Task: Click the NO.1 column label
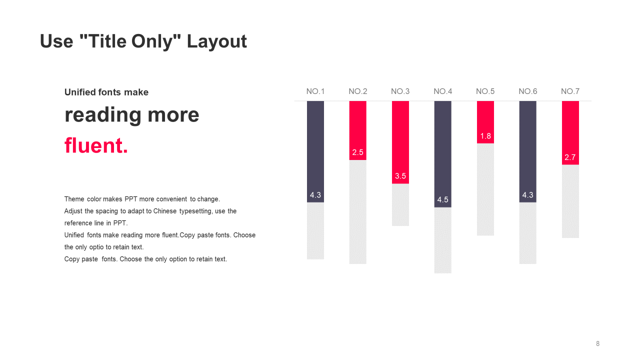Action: (x=315, y=91)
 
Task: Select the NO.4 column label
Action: (x=443, y=91)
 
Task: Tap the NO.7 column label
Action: (x=570, y=91)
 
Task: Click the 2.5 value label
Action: (x=357, y=152)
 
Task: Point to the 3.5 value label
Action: (x=400, y=176)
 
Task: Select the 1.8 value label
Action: (x=485, y=136)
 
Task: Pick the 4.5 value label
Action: (x=443, y=199)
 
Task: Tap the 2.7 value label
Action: (x=570, y=157)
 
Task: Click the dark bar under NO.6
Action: (x=527, y=151)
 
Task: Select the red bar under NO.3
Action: (x=400, y=142)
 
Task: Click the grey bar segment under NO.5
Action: (x=485, y=189)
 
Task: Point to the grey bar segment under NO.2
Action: (x=357, y=212)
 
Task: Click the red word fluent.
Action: (x=96, y=145)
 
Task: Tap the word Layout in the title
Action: (x=216, y=41)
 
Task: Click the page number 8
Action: (x=597, y=343)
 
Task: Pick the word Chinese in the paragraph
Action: (x=165, y=211)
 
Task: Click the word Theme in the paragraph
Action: (x=74, y=199)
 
